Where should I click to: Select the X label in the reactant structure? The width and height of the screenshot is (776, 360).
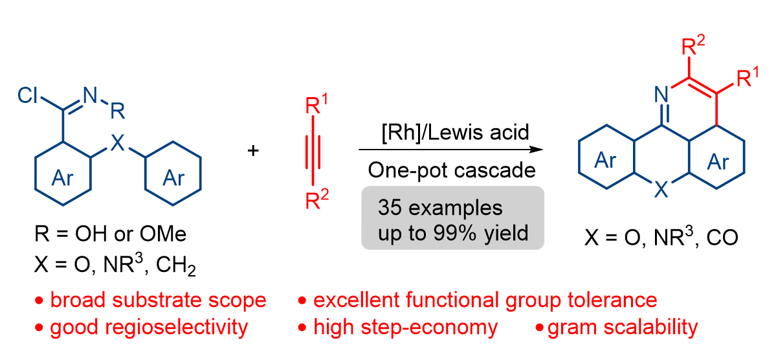(117, 144)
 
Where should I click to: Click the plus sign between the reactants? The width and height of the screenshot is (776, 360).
(254, 150)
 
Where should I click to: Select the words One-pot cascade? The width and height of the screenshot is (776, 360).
(451, 171)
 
